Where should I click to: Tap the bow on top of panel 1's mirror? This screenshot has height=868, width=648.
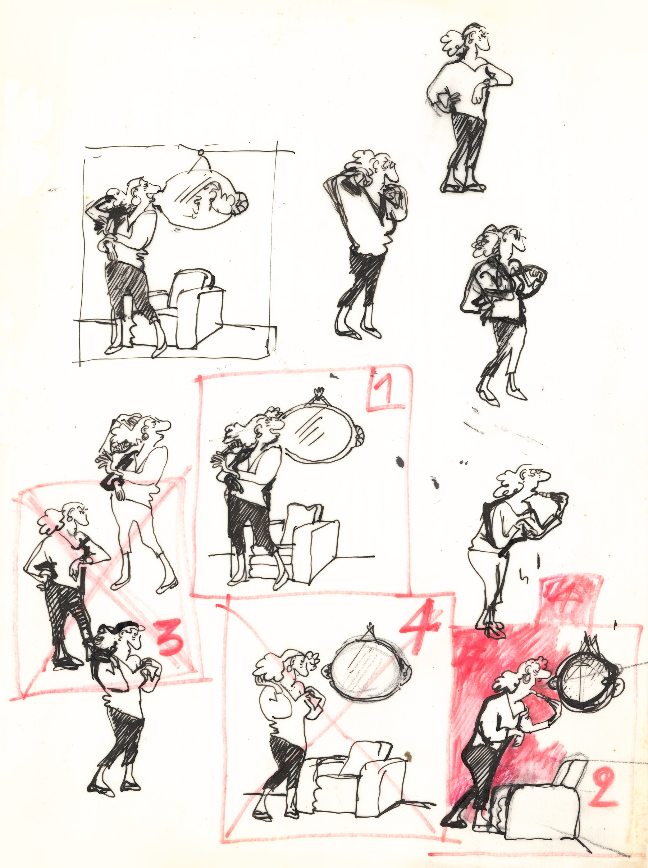tap(319, 392)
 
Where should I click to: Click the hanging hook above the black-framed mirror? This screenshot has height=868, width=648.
tap(201, 153)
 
